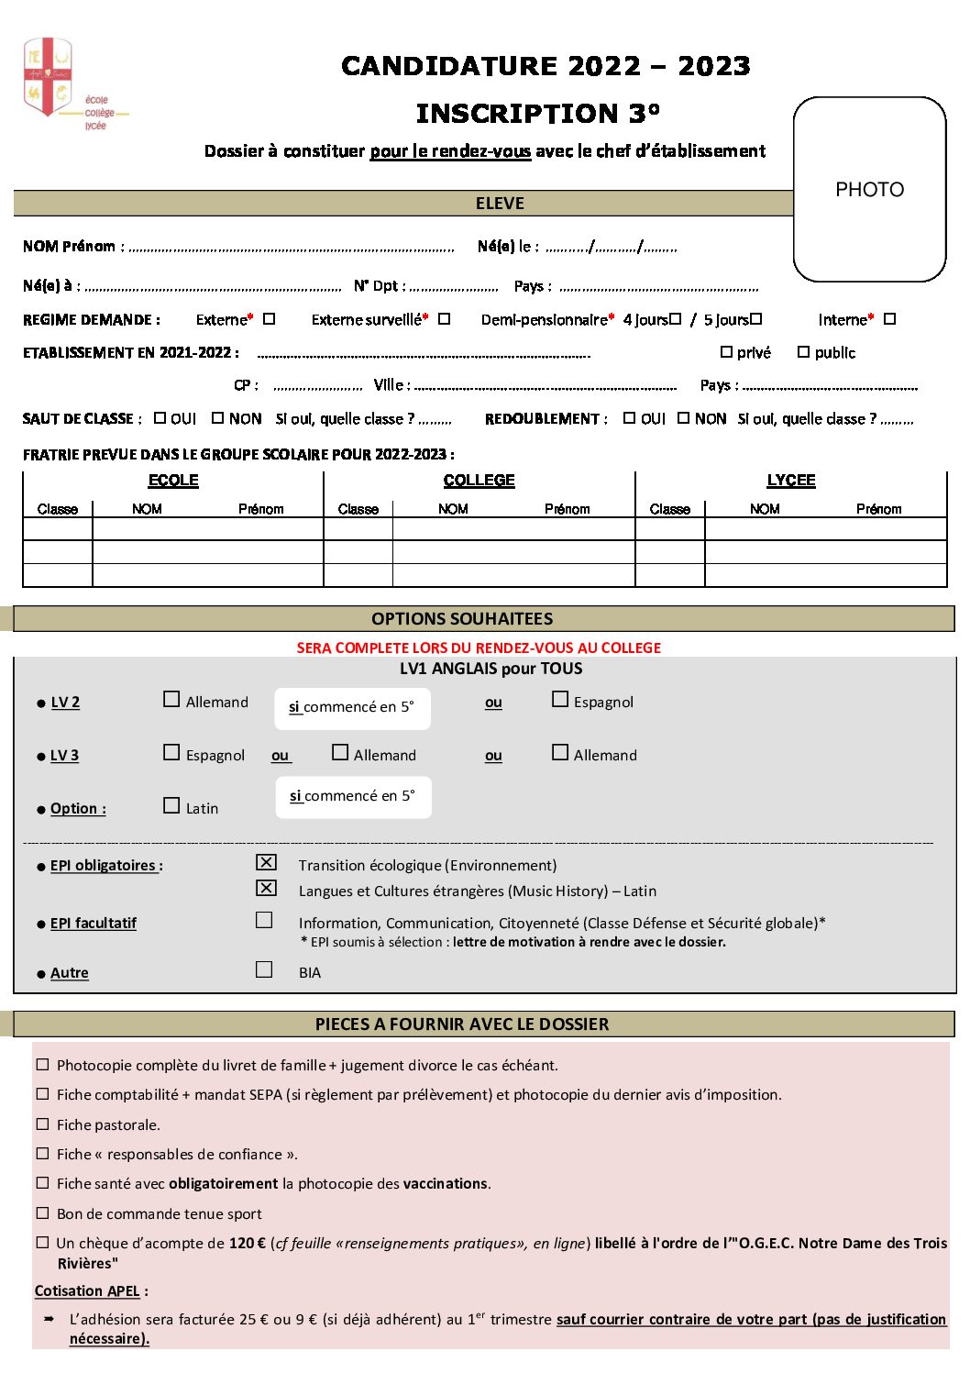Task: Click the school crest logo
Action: point(48,77)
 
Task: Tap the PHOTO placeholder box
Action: point(869,189)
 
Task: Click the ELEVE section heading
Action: point(500,204)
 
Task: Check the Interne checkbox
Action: point(889,319)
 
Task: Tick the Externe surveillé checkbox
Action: point(444,319)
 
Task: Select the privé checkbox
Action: point(726,352)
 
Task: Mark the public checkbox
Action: point(803,352)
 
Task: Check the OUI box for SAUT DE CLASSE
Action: point(160,418)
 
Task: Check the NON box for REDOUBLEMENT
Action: point(683,418)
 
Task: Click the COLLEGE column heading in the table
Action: point(479,481)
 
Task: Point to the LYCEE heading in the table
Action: point(790,481)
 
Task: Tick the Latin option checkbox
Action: point(171,805)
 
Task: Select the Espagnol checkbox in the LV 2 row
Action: point(560,699)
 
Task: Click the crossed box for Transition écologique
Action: point(266,862)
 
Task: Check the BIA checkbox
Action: point(264,969)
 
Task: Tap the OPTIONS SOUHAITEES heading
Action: point(462,619)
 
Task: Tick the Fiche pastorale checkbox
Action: point(42,1124)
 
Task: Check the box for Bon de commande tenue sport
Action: point(42,1212)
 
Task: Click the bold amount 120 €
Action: point(248,1244)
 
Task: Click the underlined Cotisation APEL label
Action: point(87,1291)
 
